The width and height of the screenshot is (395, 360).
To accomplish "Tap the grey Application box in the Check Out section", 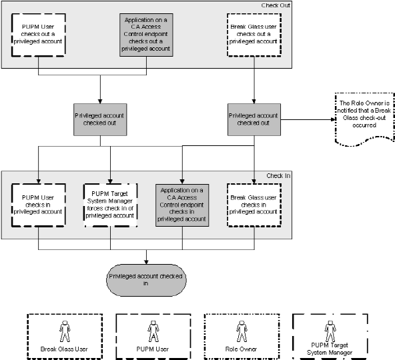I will point(146,34).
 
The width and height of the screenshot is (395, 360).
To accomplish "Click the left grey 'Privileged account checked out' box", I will point(100,119).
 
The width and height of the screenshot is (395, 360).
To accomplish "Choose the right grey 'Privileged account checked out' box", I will point(254,119).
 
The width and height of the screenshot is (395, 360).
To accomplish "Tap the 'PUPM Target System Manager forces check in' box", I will point(110,203).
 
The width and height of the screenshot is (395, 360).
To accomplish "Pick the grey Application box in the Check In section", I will point(182,203).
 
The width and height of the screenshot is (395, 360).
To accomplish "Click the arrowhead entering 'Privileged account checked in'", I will point(146,262).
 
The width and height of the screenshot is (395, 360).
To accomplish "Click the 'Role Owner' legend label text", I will point(241,349).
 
